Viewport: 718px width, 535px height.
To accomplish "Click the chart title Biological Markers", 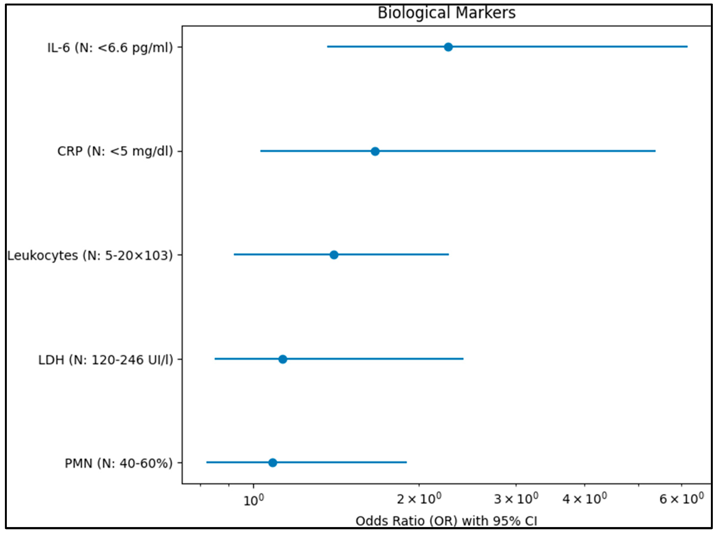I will [446, 13].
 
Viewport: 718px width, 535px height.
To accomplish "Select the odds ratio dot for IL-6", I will [448, 47].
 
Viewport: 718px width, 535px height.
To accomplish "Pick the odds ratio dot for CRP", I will [375, 151].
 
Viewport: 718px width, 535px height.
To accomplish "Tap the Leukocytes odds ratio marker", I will [334, 255].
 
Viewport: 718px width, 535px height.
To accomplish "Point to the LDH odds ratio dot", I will [283, 359].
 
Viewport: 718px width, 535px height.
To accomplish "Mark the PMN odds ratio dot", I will [272, 463].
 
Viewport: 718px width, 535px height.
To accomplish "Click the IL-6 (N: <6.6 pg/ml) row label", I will [110, 48].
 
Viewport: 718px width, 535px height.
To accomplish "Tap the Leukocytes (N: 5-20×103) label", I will [90, 256].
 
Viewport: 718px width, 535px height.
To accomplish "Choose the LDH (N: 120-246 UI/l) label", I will [105, 360].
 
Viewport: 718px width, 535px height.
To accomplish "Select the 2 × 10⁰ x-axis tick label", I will [419, 499].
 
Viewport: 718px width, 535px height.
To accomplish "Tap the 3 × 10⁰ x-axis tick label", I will [516, 499].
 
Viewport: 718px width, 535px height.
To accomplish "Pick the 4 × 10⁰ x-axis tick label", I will [584, 499].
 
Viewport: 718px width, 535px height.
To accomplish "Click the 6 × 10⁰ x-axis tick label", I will [681, 499].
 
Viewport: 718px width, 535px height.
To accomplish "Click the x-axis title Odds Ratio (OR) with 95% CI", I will [446, 521].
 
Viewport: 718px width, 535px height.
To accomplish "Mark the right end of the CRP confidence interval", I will [655, 151].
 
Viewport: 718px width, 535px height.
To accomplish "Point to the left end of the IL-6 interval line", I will [328, 47].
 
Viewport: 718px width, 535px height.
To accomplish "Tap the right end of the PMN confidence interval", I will [406, 462].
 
